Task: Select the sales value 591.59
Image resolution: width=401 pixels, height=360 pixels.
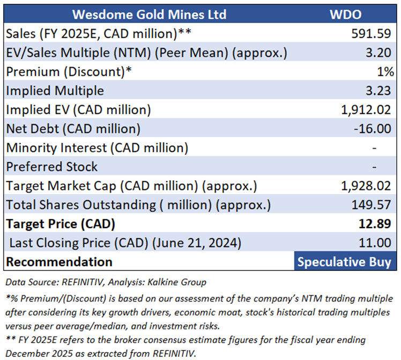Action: point(370,34)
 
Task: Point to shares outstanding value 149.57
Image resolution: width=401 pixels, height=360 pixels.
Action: point(370,204)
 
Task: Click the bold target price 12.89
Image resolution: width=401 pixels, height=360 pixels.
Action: point(376,223)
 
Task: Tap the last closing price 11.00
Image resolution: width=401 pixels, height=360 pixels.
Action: point(376,243)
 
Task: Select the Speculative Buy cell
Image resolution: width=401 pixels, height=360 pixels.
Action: point(344,262)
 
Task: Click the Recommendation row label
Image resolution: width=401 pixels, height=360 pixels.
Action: point(59,262)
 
